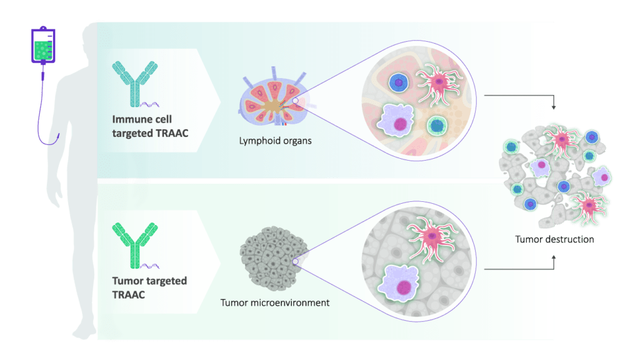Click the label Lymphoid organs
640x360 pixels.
(x=275, y=141)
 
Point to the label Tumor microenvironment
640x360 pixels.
(x=275, y=303)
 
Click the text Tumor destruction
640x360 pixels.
(x=554, y=239)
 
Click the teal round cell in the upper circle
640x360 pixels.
(x=436, y=126)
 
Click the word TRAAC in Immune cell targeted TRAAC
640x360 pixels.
(x=173, y=132)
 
